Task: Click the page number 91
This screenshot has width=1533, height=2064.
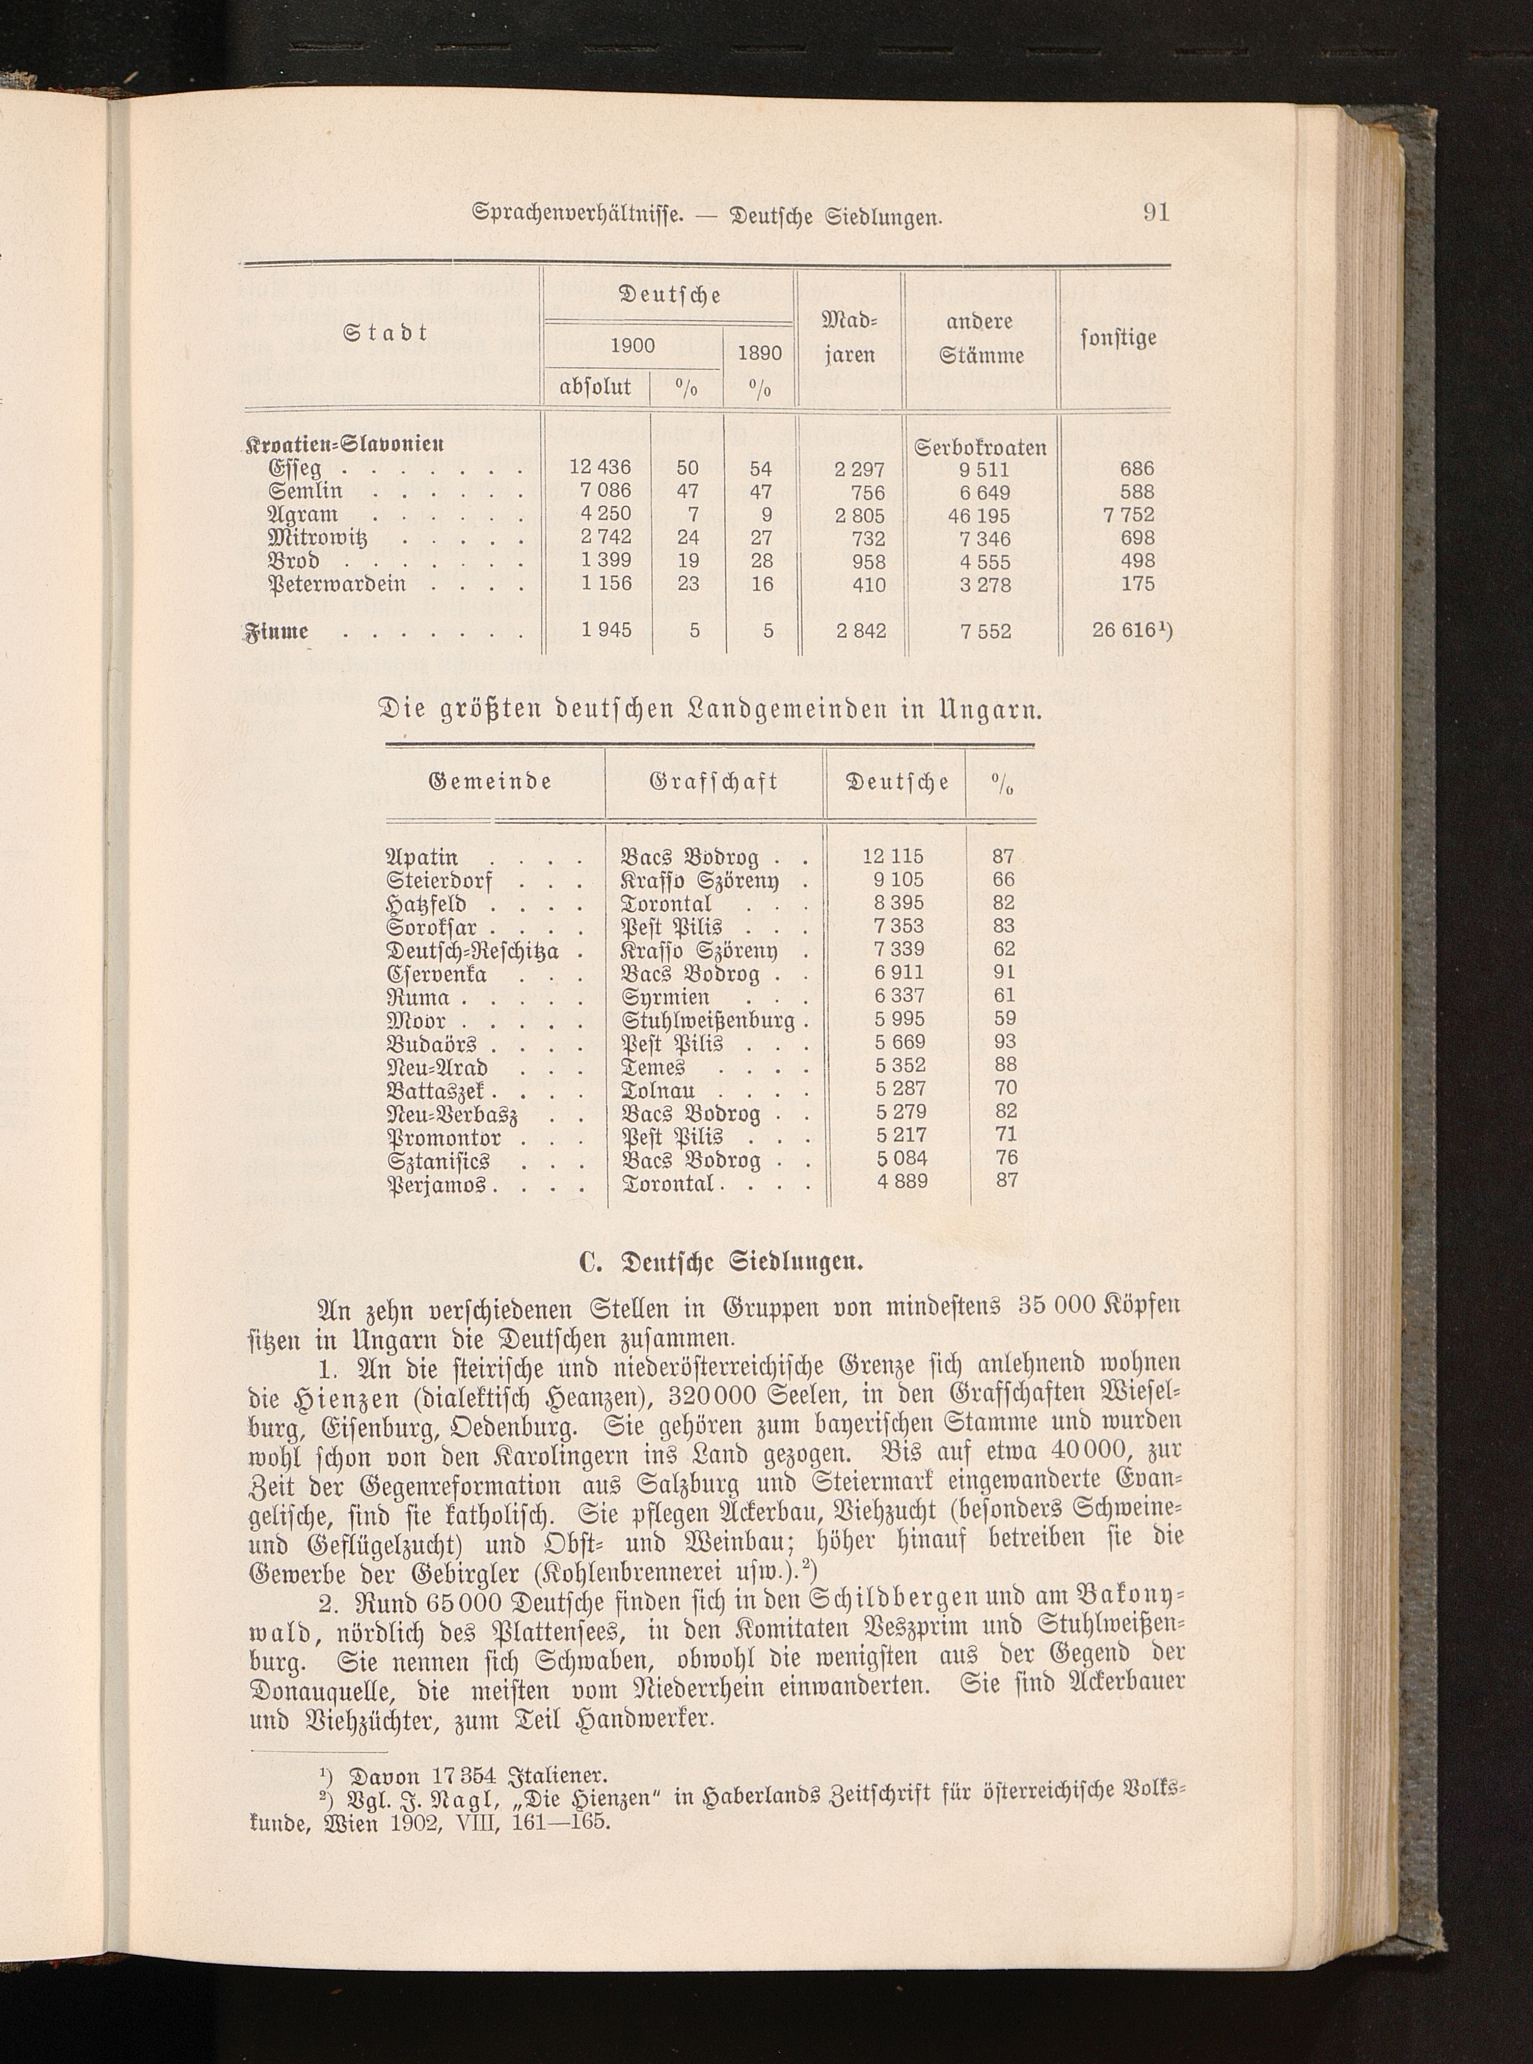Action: click(x=1156, y=212)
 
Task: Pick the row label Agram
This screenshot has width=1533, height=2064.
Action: click(x=304, y=515)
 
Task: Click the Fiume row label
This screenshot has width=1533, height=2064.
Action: click(x=277, y=631)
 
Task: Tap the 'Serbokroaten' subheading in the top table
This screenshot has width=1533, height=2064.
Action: click(x=981, y=448)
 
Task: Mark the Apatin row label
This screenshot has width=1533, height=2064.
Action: click(x=423, y=857)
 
